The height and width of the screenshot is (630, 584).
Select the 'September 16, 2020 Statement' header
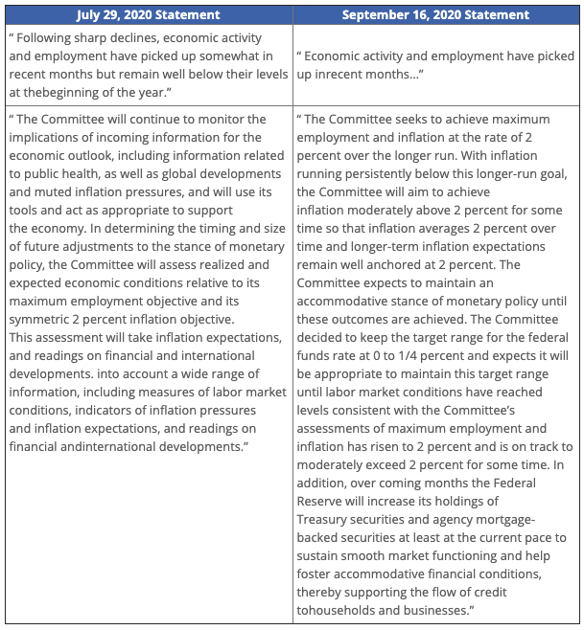[x=437, y=14]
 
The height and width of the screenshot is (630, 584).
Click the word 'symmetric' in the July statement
[x=49, y=319]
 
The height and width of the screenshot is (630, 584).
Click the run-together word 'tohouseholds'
[x=337, y=609]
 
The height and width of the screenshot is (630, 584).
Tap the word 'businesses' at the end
[x=438, y=609]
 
